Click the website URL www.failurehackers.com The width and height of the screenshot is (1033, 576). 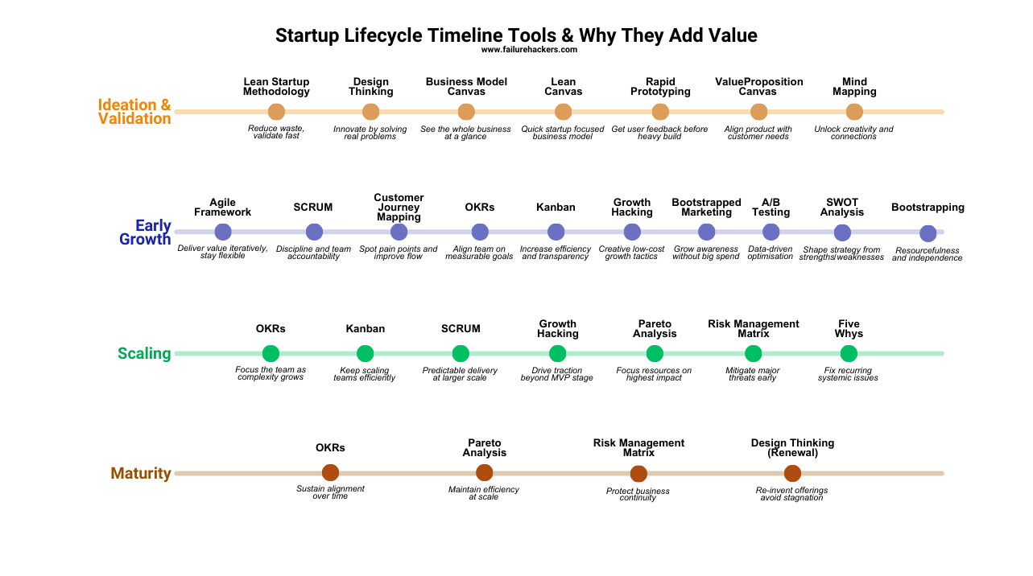(529, 50)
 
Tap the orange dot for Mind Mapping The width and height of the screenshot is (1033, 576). (854, 112)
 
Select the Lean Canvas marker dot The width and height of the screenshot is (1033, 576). (563, 112)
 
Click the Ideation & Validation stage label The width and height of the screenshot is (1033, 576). (134, 112)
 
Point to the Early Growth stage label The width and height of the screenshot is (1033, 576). (145, 232)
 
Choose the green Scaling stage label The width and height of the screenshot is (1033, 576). (144, 353)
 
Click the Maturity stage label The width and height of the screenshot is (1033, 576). (141, 473)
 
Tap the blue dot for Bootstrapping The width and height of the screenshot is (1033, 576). (928, 233)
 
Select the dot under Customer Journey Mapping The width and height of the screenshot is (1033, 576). (399, 232)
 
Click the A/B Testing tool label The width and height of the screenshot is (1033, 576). (771, 208)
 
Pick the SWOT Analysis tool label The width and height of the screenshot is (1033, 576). (842, 208)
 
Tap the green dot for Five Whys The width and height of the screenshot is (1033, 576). (849, 353)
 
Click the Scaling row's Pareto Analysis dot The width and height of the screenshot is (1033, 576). (655, 353)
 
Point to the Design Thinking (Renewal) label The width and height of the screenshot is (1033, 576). (792, 448)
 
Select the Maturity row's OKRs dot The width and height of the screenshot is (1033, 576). (330, 472)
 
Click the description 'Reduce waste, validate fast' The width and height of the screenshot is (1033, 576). (276, 132)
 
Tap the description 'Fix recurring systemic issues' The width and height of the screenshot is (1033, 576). (848, 374)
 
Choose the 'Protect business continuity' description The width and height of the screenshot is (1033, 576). (638, 494)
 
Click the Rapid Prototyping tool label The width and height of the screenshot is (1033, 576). (660, 87)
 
